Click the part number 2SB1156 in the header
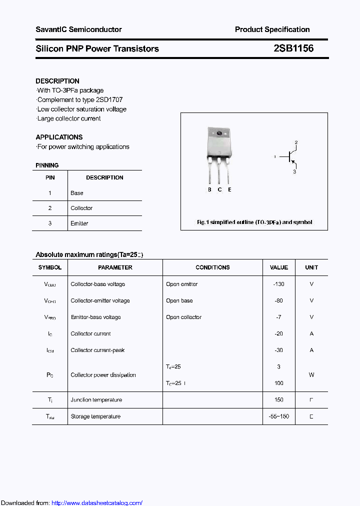pyautogui.click(x=293, y=48)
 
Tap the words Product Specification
pyautogui.click(x=272, y=29)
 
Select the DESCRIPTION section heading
pyautogui.click(x=57, y=81)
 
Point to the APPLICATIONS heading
pyautogui.click(x=59, y=137)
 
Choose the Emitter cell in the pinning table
pyautogui.click(x=79, y=223)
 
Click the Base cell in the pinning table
pyautogui.click(x=77, y=193)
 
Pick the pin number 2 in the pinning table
pyautogui.click(x=50, y=208)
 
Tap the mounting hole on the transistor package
pyautogui.click(x=219, y=133)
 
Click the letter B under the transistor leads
pyautogui.click(x=210, y=189)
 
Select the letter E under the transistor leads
pyautogui.click(x=229, y=189)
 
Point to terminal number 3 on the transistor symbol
pyautogui.click(x=294, y=171)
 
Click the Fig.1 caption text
pyautogui.click(x=254, y=222)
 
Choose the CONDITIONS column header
pyautogui.click(x=212, y=267)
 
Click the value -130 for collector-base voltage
pyautogui.click(x=278, y=284)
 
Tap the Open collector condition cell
pyautogui.click(x=184, y=317)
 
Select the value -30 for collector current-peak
pyautogui.click(x=278, y=350)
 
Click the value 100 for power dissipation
pyautogui.click(x=278, y=383)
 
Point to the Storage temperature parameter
pyautogui.click(x=95, y=416)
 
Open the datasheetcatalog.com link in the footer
pyautogui.click(x=97, y=503)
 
